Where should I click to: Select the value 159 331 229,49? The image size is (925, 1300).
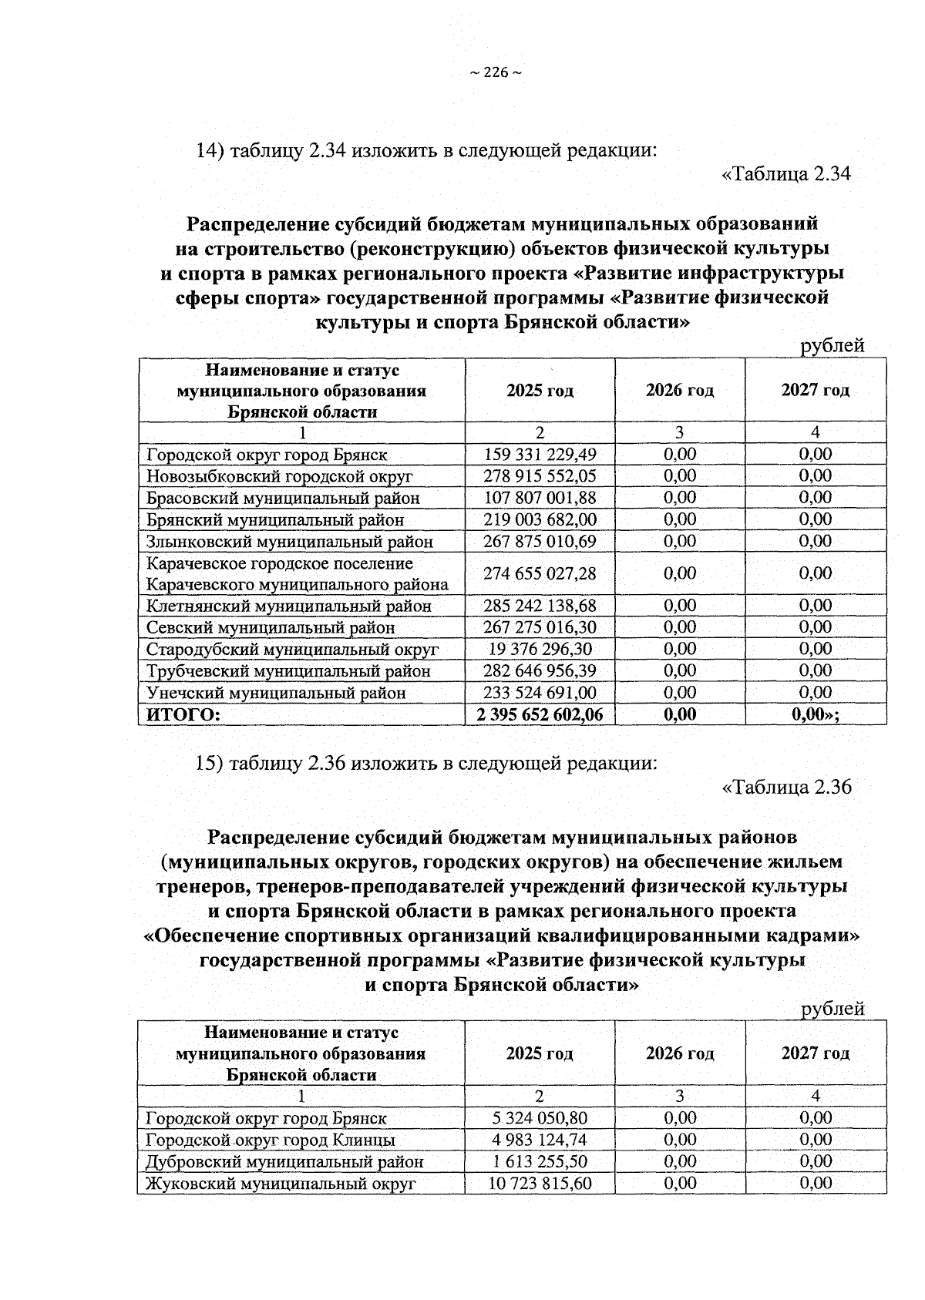540,455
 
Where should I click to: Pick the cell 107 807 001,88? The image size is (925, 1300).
540,498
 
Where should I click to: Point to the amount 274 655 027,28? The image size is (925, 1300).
540,573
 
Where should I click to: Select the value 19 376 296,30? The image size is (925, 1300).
540,649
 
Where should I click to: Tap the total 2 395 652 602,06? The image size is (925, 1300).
540,714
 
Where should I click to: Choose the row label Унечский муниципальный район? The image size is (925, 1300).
276,693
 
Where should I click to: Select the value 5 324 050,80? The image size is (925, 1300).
540,1118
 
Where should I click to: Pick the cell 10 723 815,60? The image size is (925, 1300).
540,1183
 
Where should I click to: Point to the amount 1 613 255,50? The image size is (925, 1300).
540,1161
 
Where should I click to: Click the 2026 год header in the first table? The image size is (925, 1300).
679,390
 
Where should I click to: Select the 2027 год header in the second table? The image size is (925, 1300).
815,1053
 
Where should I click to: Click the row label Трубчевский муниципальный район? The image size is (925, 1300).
288,671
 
